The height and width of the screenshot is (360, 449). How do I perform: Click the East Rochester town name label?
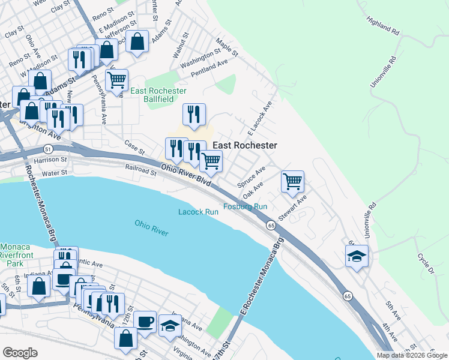(x=245, y=145)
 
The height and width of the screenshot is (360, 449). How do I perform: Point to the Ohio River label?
(x=151, y=228)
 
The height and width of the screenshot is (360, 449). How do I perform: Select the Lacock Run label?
(x=198, y=212)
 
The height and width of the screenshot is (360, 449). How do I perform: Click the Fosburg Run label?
(x=245, y=206)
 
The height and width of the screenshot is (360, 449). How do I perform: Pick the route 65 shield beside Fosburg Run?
(x=271, y=225)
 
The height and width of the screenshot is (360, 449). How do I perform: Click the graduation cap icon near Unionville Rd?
(x=357, y=256)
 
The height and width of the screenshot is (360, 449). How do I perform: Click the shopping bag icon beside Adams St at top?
(x=137, y=41)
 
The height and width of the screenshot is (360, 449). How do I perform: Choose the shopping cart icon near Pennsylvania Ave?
(x=116, y=78)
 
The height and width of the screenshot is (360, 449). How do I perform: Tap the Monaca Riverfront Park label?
(x=19, y=255)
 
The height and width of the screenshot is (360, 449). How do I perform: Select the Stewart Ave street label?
(x=292, y=207)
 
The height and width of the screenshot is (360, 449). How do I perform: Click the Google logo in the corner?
(x=20, y=352)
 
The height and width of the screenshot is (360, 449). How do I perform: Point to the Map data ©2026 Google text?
(x=412, y=355)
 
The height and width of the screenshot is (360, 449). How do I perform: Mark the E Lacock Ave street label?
(x=261, y=115)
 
